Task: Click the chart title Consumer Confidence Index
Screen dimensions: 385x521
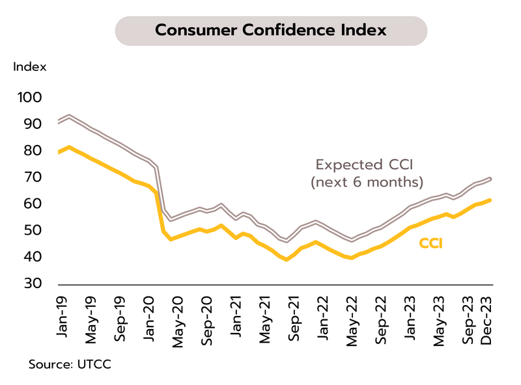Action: pos(271,31)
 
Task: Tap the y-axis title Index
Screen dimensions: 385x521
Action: pos(30,66)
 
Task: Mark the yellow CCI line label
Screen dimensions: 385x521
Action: pos(430,244)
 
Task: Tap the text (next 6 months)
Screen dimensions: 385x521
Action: pos(367,181)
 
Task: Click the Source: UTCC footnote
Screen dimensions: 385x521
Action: pos(70,364)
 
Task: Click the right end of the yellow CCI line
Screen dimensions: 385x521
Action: pos(490,200)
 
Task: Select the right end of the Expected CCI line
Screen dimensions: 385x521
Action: pos(490,178)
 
